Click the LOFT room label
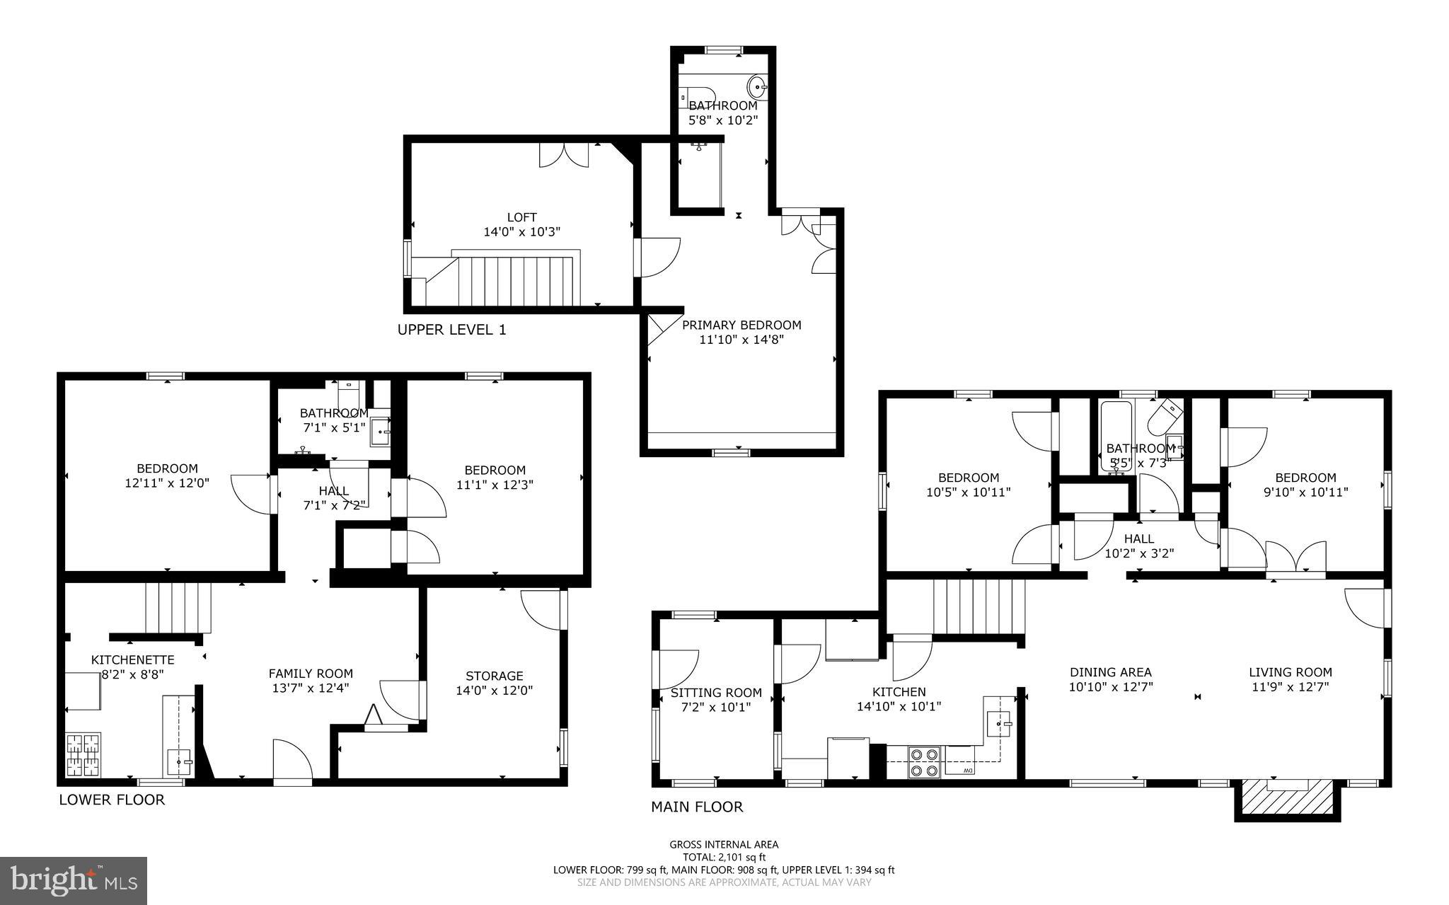[x=521, y=218]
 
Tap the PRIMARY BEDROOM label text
[x=741, y=325]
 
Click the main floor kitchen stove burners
[x=924, y=762]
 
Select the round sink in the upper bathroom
[x=757, y=88]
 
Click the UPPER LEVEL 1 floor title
[x=451, y=330]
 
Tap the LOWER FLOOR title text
[x=112, y=800]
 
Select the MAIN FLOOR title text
[x=697, y=807]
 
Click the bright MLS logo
[x=74, y=880]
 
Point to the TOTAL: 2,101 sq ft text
[x=724, y=857]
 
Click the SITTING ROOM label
[x=716, y=693]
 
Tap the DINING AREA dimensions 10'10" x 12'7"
[x=1111, y=686]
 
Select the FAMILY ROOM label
[x=311, y=674]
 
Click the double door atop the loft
[x=564, y=156]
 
